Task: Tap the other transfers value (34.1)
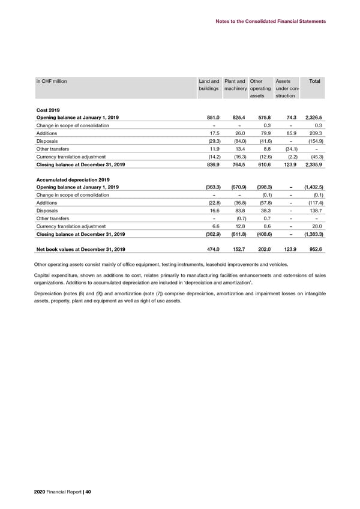(x=285, y=148)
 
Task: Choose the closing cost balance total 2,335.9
(x=313, y=164)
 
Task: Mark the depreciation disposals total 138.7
(x=316, y=211)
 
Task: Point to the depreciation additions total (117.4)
(x=314, y=203)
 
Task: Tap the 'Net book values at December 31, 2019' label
(x=80, y=250)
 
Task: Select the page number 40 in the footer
(x=88, y=493)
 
